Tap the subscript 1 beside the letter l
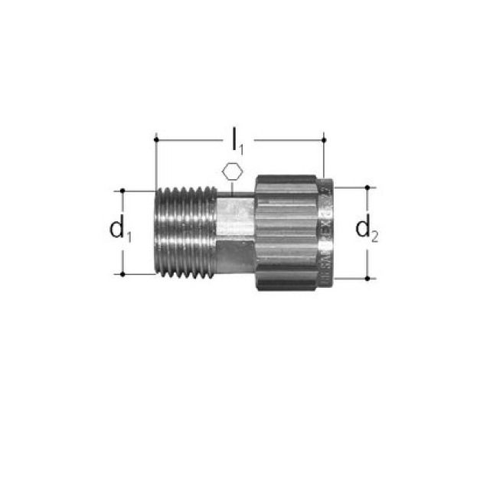[243, 146]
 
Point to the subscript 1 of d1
[128, 236]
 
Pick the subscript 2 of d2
[376, 236]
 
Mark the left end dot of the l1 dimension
[155, 139]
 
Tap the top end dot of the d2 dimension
[368, 186]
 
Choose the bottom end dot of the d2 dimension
[368, 278]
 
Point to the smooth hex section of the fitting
[234, 230]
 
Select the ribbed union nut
[287, 231]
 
